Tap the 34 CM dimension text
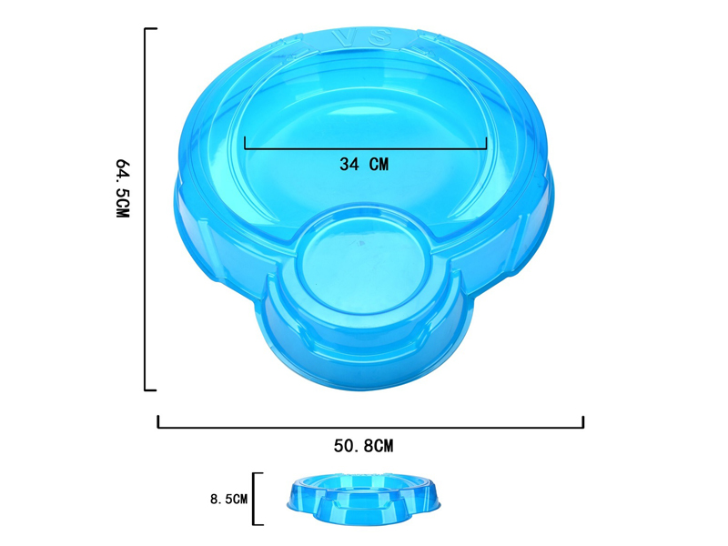(364, 165)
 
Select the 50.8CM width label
(363, 446)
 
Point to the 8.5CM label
(228, 499)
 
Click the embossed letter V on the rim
(340, 40)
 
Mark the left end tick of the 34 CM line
(245, 143)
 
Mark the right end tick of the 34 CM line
(487, 143)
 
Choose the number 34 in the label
(349, 165)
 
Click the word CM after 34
(379, 165)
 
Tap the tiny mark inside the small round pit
(362, 243)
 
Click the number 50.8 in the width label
(352, 446)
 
